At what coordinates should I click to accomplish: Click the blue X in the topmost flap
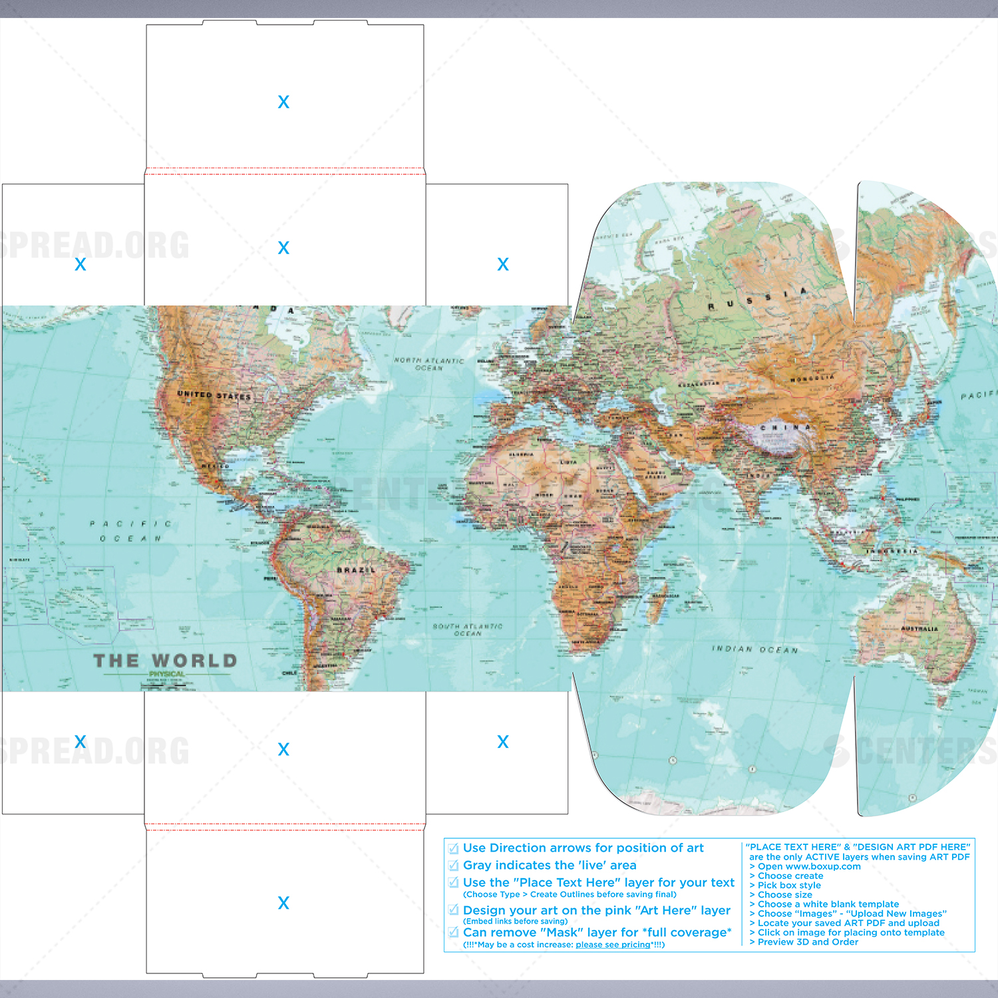click(x=283, y=102)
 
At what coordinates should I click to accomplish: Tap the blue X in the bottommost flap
click(x=283, y=903)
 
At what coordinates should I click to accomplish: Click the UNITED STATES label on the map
click(x=214, y=395)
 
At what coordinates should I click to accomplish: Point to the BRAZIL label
click(x=356, y=570)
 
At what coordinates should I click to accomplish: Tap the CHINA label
click(x=785, y=427)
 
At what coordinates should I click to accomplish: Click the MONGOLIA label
click(x=812, y=378)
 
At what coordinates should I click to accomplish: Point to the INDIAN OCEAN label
click(x=754, y=649)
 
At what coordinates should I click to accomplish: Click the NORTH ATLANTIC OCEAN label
click(x=428, y=364)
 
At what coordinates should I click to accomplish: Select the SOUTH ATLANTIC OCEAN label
click(x=467, y=629)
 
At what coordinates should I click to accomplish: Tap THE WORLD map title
click(x=165, y=661)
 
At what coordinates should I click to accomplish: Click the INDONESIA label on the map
click(x=892, y=551)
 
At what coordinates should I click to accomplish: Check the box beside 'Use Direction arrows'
click(x=454, y=848)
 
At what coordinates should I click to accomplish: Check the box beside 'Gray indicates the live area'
click(x=454, y=866)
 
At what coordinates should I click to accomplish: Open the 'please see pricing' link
click(x=613, y=945)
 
